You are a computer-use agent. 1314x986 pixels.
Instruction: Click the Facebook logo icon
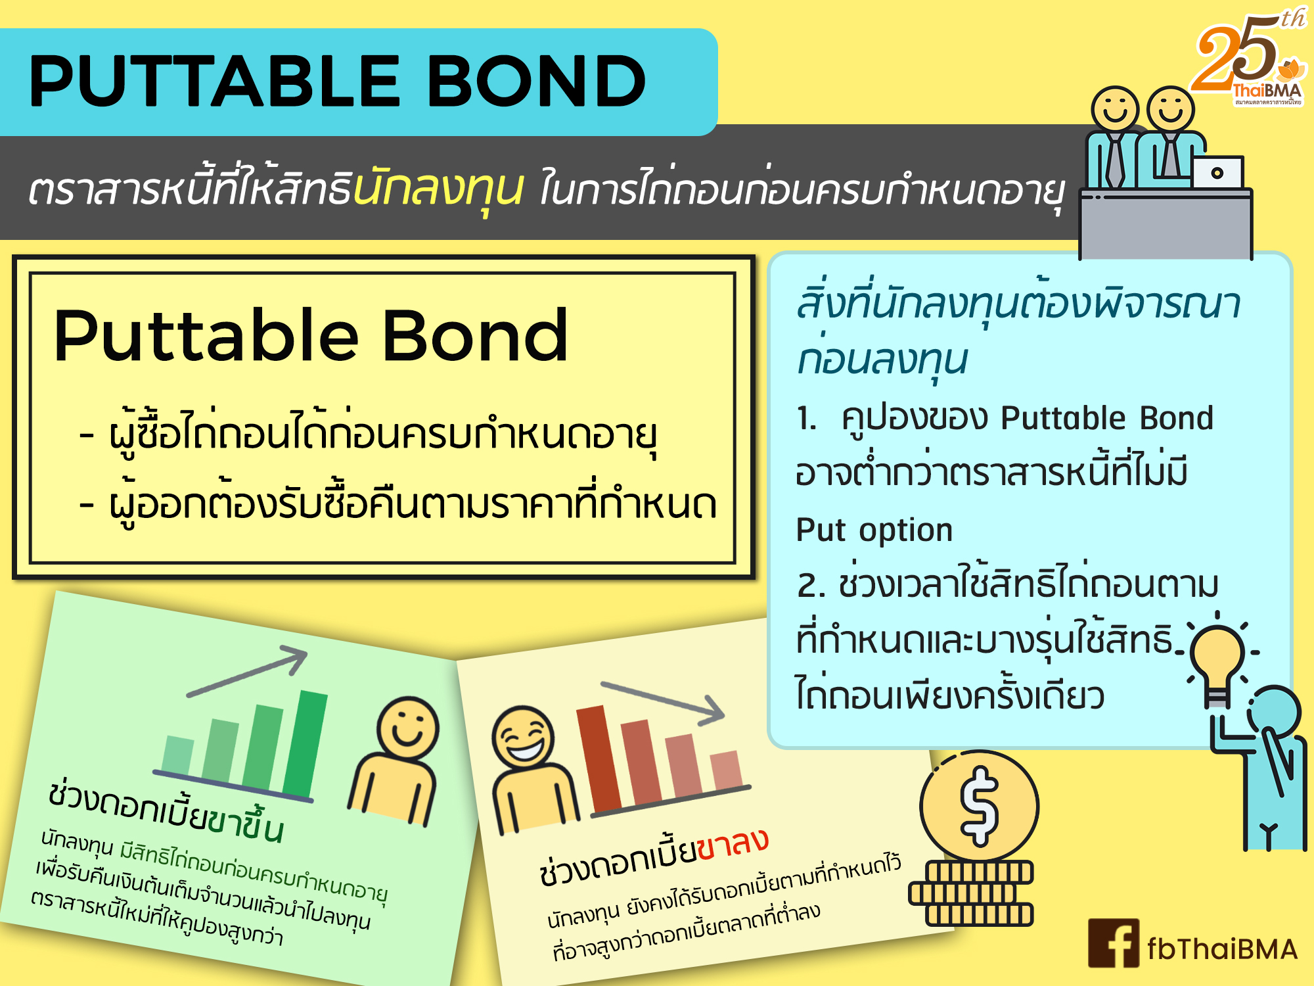point(1114,943)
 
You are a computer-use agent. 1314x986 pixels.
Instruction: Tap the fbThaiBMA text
point(1223,949)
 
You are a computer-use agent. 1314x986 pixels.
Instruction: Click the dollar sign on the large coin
point(979,806)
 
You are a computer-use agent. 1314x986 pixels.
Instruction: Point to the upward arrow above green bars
point(247,670)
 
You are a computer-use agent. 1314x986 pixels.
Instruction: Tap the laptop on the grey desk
point(1217,172)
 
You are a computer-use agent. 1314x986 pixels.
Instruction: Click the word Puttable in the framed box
point(206,337)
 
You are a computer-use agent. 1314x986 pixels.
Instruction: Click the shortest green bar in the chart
point(177,756)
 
